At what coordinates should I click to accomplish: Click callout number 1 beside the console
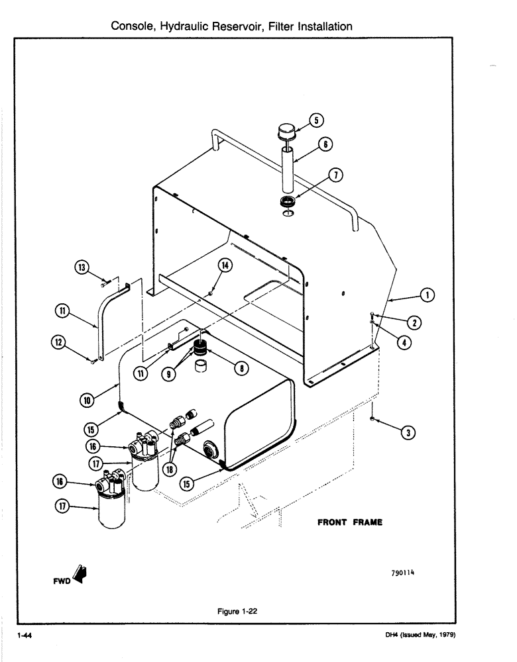(428, 295)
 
